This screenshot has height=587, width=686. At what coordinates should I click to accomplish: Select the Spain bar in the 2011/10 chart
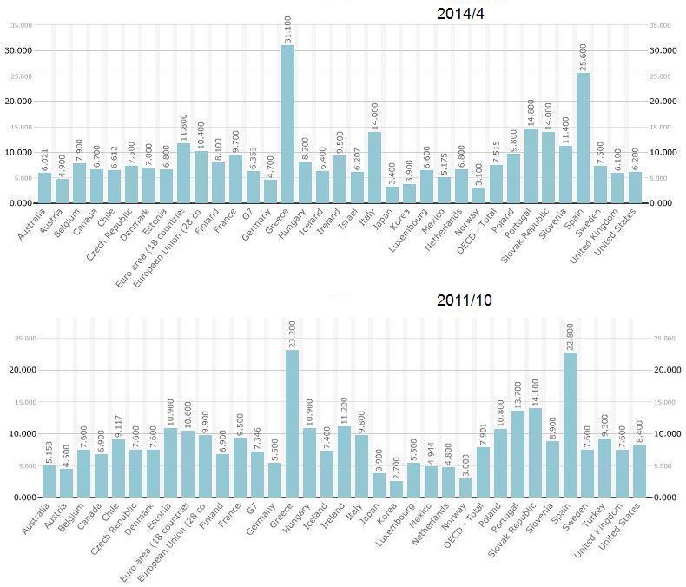tap(570, 425)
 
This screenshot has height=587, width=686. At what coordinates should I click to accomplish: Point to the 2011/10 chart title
tap(464, 300)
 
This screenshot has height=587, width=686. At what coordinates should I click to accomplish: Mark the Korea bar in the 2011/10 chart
tap(397, 489)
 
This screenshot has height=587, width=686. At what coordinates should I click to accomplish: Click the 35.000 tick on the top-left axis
tap(20, 25)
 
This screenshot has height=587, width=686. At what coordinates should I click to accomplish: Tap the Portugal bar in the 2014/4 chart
tap(531, 166)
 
